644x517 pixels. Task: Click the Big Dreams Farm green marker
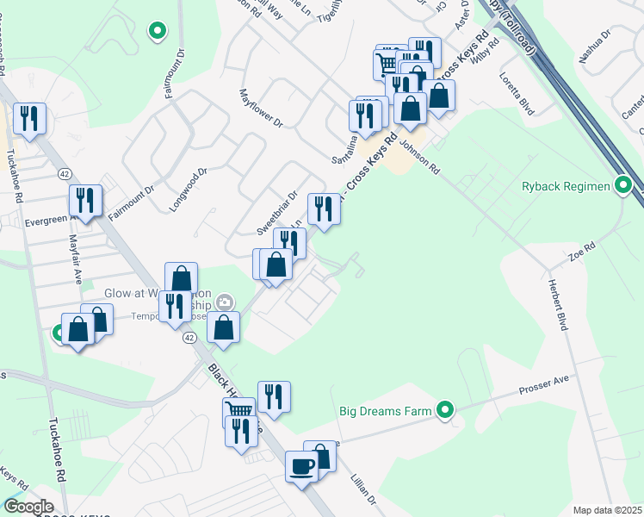[x=445, y=410]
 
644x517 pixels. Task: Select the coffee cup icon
[x=301, y=467]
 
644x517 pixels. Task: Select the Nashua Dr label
[x=595, y=44]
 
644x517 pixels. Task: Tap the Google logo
[x=28, y=507]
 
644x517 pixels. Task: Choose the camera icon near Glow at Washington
[x=225, y=302]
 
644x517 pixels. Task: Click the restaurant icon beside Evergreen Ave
[x=85, y=200]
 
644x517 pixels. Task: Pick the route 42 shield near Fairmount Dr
[x=65, y=174]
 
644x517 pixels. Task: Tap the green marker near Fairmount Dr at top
[x=157, y=32]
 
